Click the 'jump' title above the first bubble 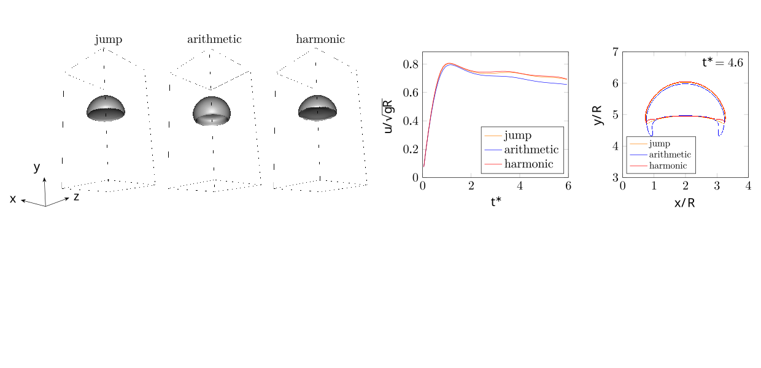click(108, 40)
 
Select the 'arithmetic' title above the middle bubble click(214, 40)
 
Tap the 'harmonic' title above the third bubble click(320, 40)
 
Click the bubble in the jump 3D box click(106, 109)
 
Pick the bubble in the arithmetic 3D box click(212, 110)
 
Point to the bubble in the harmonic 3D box click(317, 108)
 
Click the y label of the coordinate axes click(37, 167)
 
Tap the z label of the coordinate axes click(76, 197)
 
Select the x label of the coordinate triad click(13, 199)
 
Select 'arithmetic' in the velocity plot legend click(531, 150)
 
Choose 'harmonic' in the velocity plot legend click(528, 164)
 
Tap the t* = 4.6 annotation click(722, 62)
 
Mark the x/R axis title click(685, 202)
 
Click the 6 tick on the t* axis click(568, 186)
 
